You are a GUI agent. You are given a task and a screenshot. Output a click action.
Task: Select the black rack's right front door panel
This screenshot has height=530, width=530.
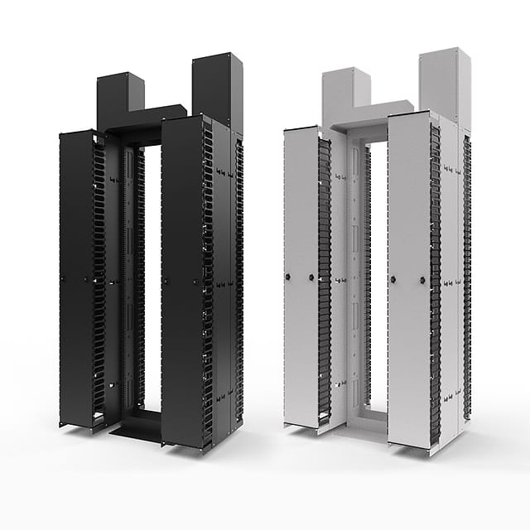pos(181,282)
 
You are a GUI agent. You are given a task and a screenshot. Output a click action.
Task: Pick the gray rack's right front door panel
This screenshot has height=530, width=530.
pos(407,282)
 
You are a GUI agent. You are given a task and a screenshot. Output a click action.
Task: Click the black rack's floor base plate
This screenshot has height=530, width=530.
pos(137,428)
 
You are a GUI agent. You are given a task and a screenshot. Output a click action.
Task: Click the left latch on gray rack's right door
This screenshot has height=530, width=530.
pos(393,279)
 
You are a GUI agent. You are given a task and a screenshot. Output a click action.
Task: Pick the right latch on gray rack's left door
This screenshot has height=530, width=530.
pos(311,277)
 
